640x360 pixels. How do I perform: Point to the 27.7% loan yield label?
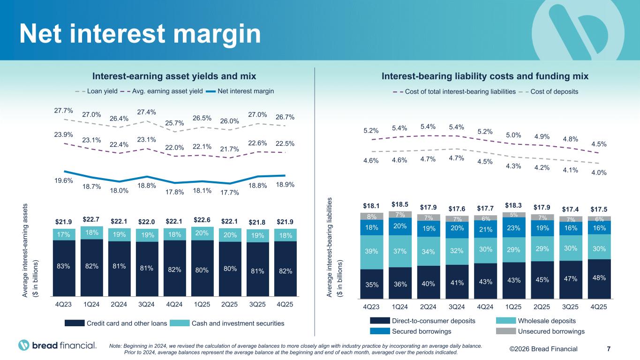tap(63, 111)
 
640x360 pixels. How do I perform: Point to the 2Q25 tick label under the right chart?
tap(542, 307)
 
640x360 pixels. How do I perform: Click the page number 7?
tap(609, 349)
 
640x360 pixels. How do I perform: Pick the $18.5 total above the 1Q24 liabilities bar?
tap(400, 204)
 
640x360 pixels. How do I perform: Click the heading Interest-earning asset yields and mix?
tap(174, 76)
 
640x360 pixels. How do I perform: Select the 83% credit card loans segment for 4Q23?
tap(63, 266)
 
